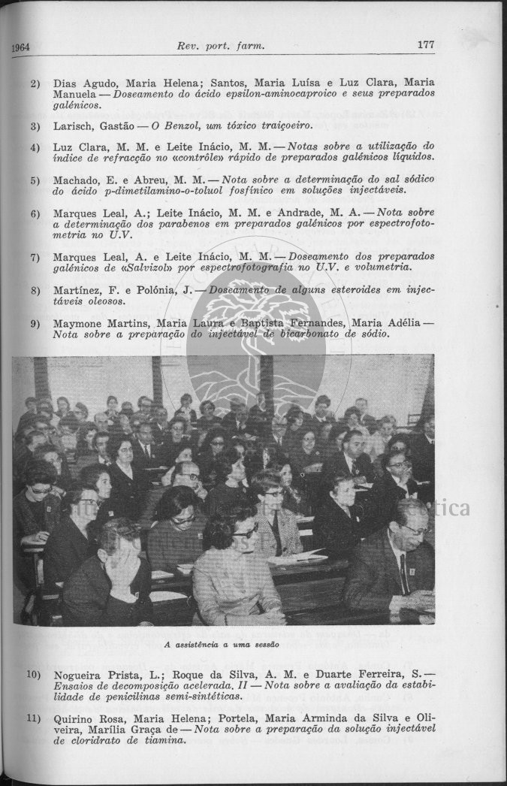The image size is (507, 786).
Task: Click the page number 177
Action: pos(425,44)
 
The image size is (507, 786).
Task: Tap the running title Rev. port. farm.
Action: pos(222,46)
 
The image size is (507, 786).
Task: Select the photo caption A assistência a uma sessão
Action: pos(222,644)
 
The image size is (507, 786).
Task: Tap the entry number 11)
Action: pos(34,718)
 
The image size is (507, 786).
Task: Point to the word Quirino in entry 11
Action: pos(75,718)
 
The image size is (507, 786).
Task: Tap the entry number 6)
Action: pos(35,213)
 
